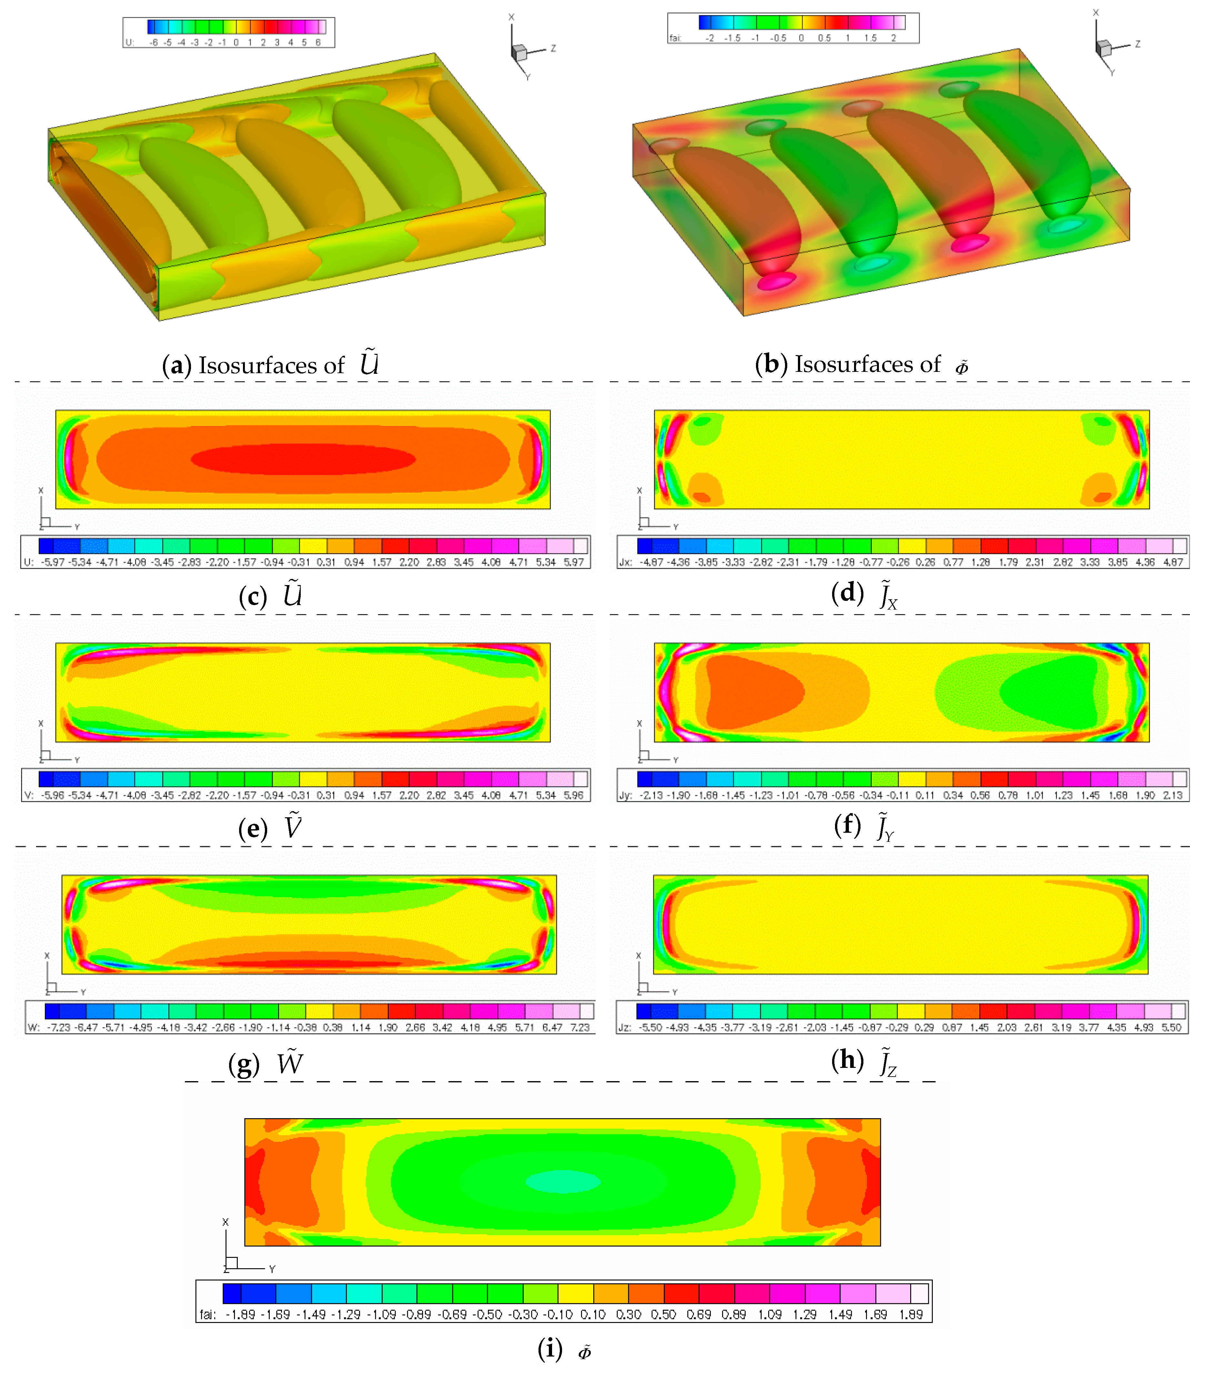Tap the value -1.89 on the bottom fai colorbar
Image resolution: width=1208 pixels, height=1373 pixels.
tap(240, 1315)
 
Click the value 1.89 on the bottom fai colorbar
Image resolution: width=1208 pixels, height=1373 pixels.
tap(911, 1315)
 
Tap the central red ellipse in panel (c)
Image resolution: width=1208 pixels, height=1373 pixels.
tap(303, 460)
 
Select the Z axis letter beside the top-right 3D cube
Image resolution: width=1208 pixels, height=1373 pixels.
tap(1137, 44)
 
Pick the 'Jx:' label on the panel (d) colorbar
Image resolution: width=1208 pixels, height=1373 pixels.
tap(626, 562)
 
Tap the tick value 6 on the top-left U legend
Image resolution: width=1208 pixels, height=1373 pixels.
tap(318, 42)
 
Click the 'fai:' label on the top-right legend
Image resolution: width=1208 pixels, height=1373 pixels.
tap(675, 38)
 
